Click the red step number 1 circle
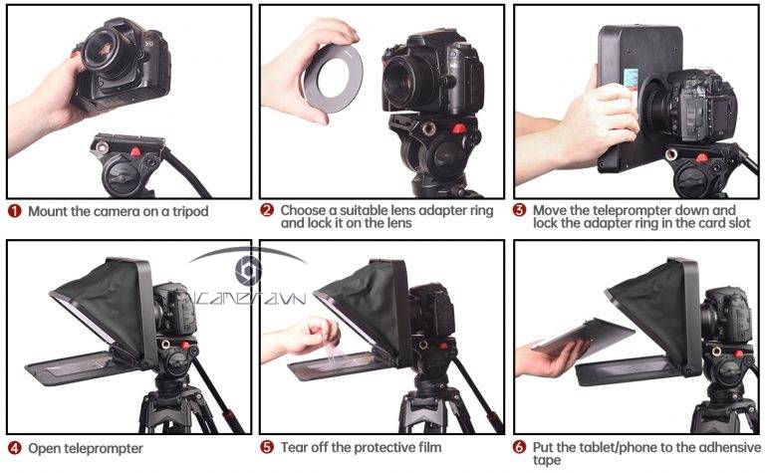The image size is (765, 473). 15,211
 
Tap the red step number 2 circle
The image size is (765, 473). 267,211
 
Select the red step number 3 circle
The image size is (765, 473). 520,211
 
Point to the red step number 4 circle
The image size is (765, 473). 15,448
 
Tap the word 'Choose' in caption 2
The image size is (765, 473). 304,211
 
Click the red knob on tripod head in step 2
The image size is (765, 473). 458,128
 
